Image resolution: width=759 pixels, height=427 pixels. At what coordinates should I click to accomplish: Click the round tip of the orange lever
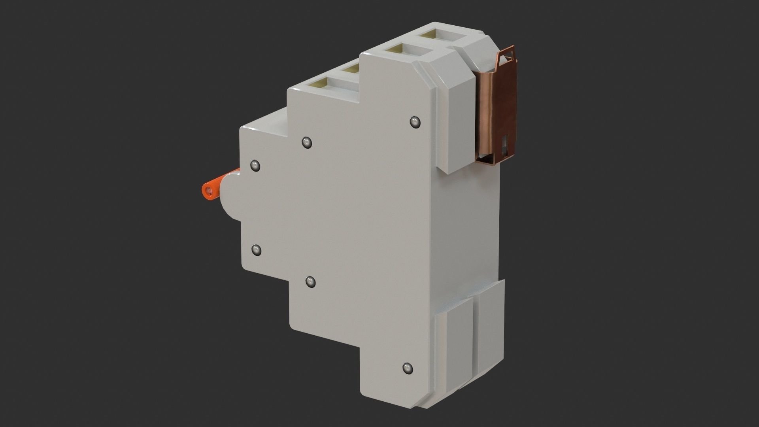(208, 191)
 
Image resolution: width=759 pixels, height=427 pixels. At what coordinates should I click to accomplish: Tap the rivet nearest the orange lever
(256, 166)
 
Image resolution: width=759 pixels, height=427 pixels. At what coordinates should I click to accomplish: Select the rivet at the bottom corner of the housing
(407, 368)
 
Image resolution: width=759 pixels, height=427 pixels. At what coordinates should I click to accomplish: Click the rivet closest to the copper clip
(414, 122)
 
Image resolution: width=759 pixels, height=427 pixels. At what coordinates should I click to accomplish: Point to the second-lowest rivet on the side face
(311, 282)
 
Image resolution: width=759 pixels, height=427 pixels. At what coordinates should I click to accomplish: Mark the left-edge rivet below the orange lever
(256, 249)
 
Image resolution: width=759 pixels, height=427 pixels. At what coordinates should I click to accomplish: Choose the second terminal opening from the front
(350, 70)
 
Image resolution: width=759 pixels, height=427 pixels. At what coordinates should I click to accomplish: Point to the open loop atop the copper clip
(506, 59)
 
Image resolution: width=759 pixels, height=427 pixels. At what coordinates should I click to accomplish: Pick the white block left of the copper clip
(455, 123)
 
